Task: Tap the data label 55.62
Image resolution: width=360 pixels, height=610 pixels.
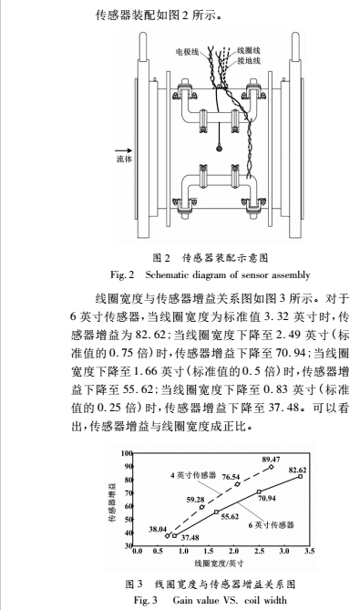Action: click(230, 516)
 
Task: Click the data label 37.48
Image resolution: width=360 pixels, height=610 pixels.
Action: click(190, 538)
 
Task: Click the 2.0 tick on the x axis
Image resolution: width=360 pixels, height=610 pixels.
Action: click(236, 552)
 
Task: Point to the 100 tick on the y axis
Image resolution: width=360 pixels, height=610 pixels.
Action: click(127, 453)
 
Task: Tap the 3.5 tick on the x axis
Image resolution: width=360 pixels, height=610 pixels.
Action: click(309, 552)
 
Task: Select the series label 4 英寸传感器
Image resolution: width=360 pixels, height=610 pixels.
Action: click(192, 476)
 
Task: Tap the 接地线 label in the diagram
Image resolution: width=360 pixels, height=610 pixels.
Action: click(251, 61)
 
